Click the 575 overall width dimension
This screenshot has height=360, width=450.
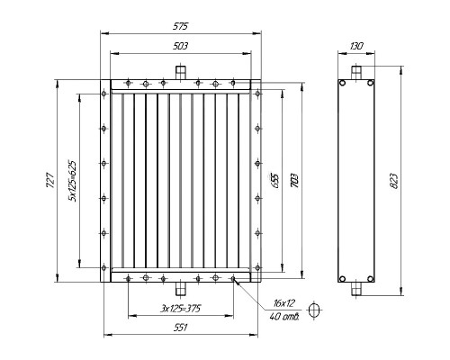(180, 26)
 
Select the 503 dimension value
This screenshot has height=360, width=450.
(180, 46)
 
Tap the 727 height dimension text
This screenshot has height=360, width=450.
(50, 180)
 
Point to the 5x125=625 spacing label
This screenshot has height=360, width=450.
(72, 181)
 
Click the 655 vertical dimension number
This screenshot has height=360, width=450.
(275, 181)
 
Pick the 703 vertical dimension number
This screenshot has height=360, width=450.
(294, 181)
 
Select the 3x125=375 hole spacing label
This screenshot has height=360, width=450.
(181, 309)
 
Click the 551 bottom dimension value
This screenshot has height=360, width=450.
(180, 328)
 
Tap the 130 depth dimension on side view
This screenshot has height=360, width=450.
(356, 46)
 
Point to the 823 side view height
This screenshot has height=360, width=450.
(394, 181)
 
